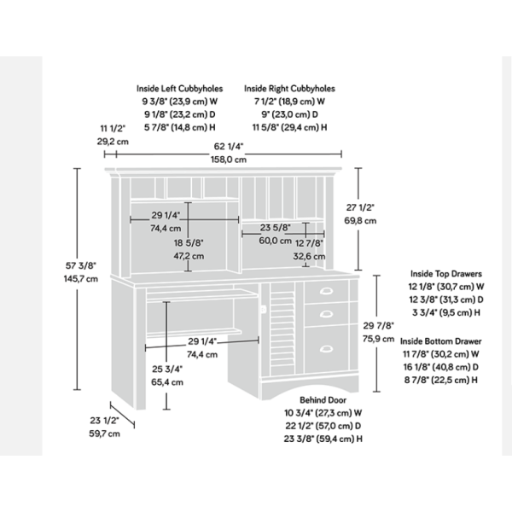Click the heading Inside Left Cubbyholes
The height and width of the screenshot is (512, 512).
point(179,89)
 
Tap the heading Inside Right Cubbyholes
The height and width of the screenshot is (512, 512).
point(289,89)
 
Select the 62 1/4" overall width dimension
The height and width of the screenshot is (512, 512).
point(229,146)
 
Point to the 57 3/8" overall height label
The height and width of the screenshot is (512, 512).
point(81,265)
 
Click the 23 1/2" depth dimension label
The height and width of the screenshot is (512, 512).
point(104,420)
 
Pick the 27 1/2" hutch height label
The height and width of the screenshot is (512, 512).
point(360,207)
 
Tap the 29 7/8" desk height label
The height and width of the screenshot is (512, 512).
point(378,326)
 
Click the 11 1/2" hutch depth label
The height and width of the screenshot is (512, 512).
point(113,129)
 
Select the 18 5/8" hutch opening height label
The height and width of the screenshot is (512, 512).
point(189,243)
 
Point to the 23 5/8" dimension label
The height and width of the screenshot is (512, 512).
point(276,228)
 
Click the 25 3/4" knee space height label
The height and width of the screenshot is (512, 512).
point(167,369)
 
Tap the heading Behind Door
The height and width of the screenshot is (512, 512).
point(323,400)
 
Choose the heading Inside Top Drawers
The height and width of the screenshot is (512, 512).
point(446,274)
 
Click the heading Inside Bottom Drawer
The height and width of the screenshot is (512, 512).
point(441,341)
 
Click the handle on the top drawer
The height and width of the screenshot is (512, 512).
point(326,291)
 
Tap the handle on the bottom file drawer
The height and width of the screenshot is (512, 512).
point(326,349)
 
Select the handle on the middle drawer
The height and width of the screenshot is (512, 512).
point(326,314)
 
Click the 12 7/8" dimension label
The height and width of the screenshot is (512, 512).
point(309,243)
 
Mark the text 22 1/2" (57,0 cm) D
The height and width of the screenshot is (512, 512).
point(323,426)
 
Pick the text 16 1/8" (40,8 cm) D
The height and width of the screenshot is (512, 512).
point(441,367)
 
